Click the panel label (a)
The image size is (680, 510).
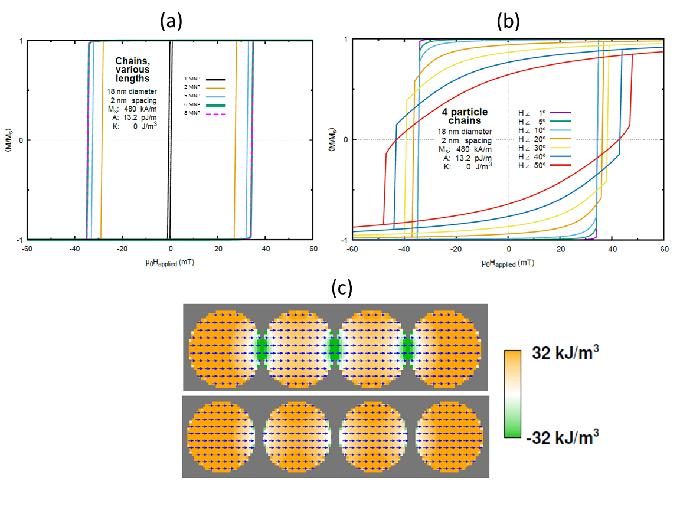170,21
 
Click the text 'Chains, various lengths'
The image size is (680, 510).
132,70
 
